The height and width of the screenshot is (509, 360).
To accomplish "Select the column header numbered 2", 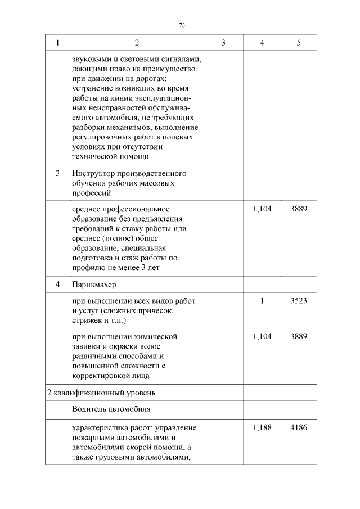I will [x=137, y=43].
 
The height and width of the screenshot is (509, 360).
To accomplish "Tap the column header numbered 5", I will [x=298, y=43].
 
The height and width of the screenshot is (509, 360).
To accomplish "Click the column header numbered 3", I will [x=223, y=43].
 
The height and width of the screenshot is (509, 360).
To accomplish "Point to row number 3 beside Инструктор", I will [x=58, y=173].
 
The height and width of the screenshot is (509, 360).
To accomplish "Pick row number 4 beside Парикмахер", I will [x=58, y=285].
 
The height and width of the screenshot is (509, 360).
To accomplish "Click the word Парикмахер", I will [x=93, y=285].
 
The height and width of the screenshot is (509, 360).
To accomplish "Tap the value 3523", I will [x=298, y=300].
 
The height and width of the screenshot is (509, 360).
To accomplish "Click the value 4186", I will [x=298, y=427].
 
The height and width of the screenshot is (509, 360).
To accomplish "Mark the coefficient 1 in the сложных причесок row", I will [x=262, y=300].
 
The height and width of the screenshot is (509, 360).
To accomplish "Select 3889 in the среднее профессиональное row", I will [x=298, y=208].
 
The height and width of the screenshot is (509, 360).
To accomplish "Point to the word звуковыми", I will [x=90, y=58].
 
